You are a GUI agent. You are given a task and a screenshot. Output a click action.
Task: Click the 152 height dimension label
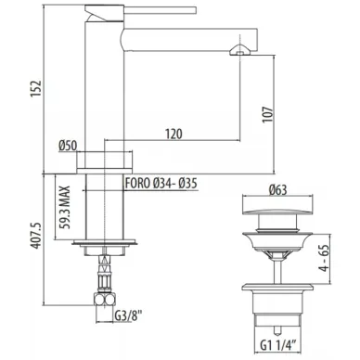[x=35, y=89]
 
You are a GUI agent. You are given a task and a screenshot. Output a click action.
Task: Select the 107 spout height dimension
[x=268, y=115]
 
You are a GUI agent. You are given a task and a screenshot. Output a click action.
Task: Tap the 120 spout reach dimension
[x=174, y=134]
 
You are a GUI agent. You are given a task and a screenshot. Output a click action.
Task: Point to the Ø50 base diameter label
[x=68, y=146]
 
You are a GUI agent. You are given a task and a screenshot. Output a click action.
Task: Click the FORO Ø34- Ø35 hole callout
[x=161, y=184]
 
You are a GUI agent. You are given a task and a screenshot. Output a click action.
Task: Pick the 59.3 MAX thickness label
[x=65, y=207]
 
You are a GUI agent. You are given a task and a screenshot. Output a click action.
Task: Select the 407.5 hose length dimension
[x=35, y=235]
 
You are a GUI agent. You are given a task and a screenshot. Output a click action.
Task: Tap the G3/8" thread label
[x=128, y=316]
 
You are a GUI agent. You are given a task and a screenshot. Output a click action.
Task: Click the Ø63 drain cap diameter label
[x=277, y=189]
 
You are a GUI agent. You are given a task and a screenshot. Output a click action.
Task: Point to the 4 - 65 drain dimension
[x=324, y=259]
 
